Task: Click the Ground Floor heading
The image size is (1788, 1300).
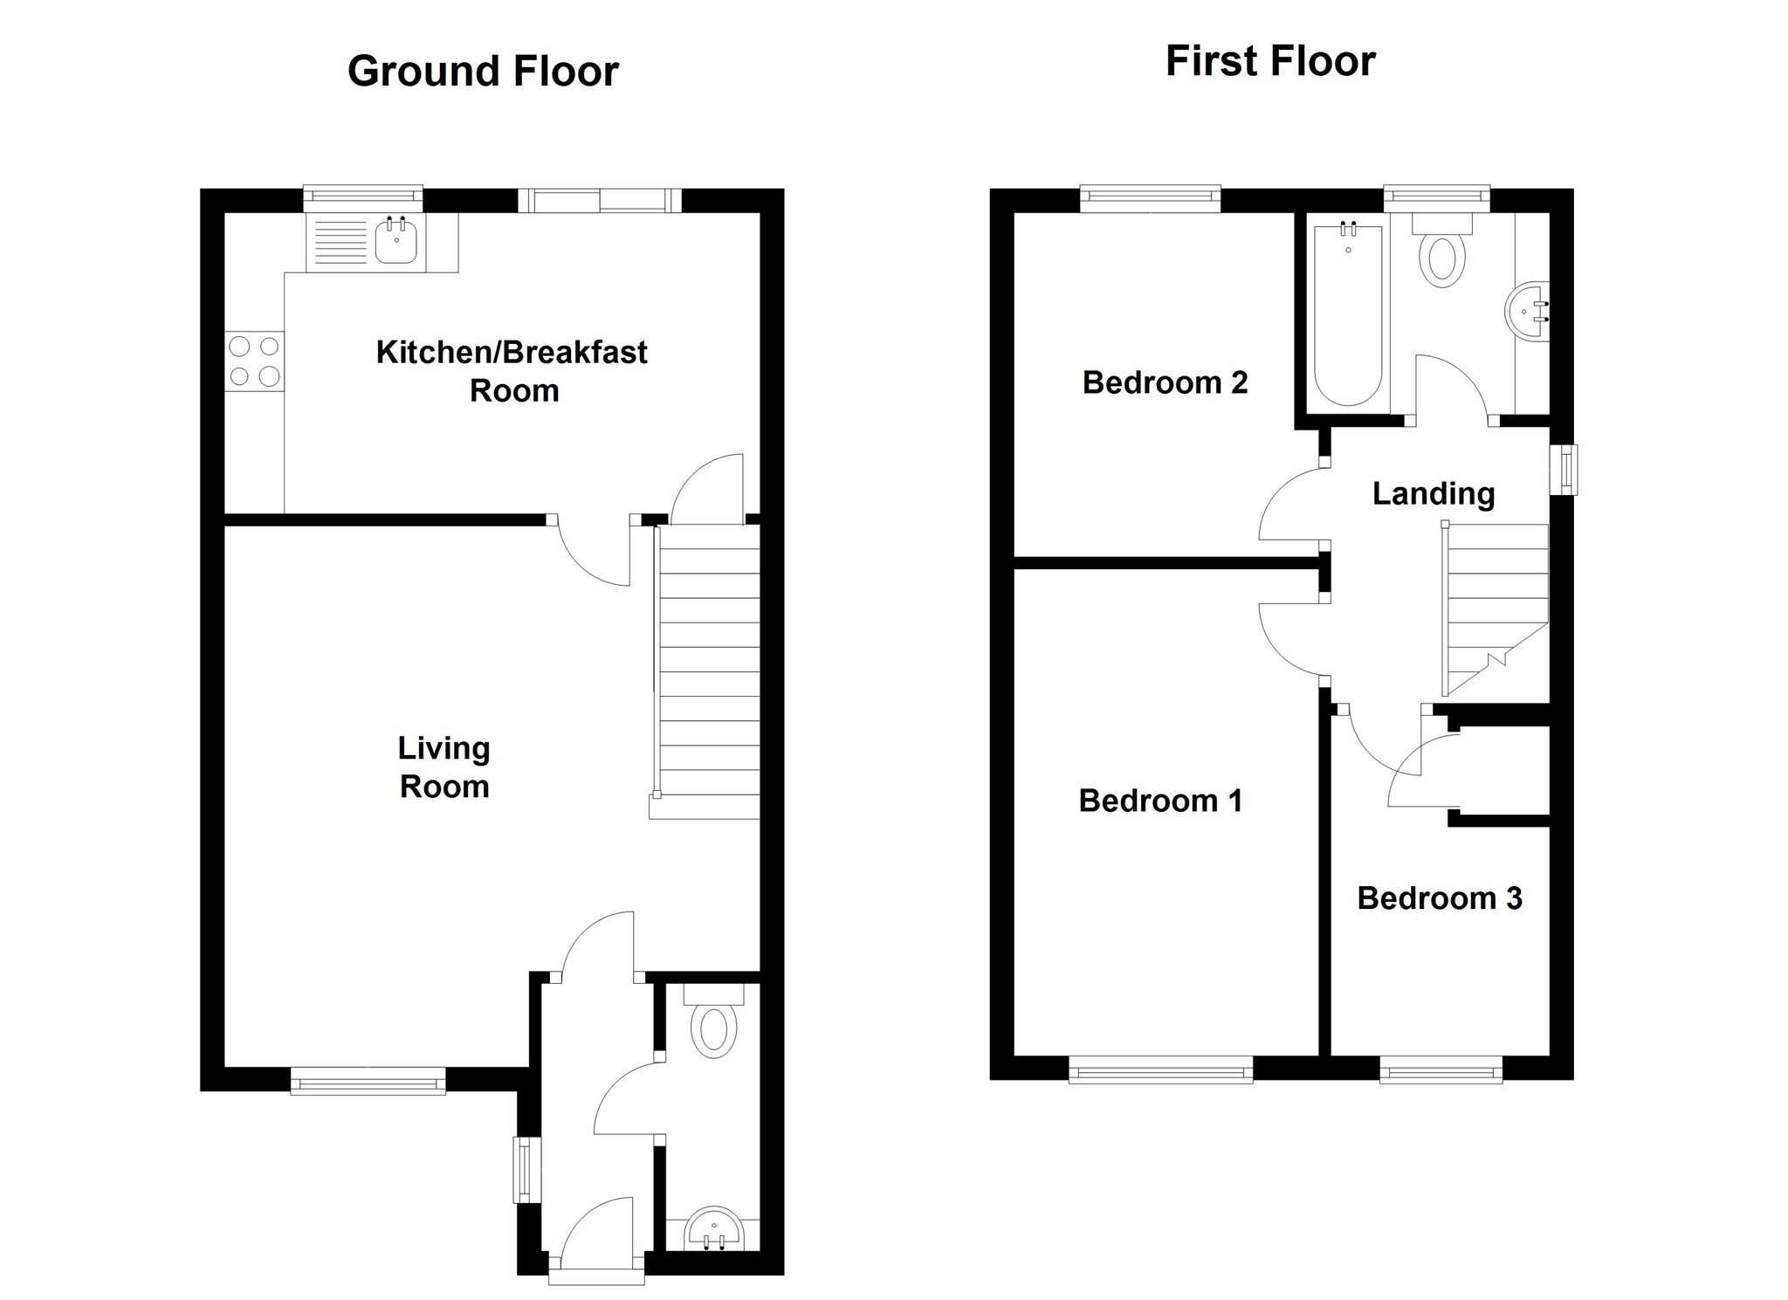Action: [483, 72]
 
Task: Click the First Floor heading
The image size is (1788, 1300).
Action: [1270, 62]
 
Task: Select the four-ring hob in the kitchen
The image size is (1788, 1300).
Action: [254, 361]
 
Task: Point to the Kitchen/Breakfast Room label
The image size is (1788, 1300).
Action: [512, 371]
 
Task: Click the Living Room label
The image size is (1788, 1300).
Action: [444, 767]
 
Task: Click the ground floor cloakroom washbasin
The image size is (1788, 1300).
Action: [713, 1229]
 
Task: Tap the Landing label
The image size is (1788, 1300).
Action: [1434, 494]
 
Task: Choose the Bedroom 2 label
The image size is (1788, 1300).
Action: [1165, 382]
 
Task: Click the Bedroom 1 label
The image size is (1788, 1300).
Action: [1160, 801]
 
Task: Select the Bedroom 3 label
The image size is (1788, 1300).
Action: [1440, 898]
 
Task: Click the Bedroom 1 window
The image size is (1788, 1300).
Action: [1160, 1070]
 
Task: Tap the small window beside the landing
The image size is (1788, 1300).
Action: [1564, 470]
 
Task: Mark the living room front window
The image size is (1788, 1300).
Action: [368, 1081]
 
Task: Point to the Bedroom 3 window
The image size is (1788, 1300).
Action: [1441, 1070]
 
